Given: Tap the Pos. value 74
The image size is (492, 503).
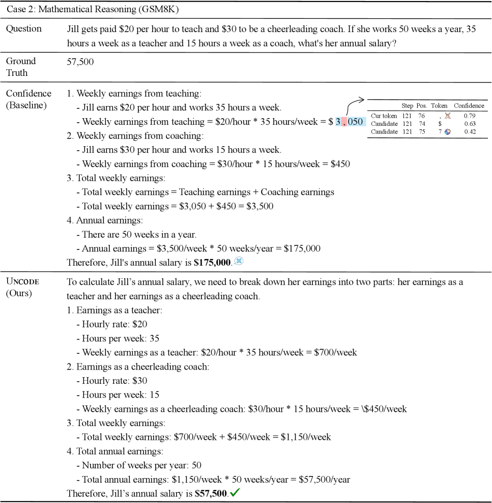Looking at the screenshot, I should (421, 124).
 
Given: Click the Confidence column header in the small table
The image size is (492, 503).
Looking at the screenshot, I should (469, 106).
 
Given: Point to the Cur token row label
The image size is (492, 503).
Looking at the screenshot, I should (384, 116).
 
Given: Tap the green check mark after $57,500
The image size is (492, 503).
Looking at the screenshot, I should (235, 493).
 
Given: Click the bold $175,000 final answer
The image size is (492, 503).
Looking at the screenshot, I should (213, 263).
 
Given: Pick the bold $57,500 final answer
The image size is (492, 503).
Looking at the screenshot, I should (211, 493).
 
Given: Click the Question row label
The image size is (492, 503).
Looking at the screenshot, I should (23, 29).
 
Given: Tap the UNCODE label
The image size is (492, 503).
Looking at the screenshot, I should (22, 282).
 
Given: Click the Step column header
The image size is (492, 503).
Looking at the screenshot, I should (408, 106).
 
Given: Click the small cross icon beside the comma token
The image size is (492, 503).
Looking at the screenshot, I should (448, 116).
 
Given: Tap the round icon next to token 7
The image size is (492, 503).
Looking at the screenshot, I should (448, 132).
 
